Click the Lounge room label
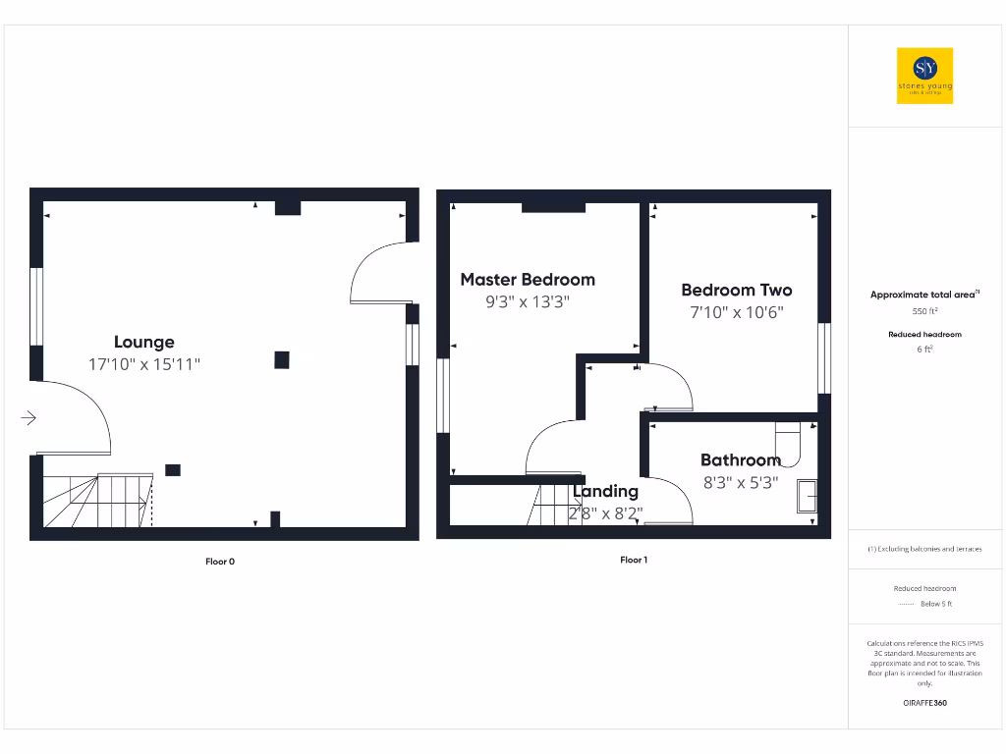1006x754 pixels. tap(144, 342)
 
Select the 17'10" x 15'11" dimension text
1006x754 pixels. tap(144, 365)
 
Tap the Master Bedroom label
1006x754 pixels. tap(528, 280)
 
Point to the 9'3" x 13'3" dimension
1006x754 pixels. tap(528, 302)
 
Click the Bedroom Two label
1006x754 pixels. tap(737, 290)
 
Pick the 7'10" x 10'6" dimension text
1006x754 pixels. tap(737, 313)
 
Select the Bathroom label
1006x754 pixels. tap(740, 459)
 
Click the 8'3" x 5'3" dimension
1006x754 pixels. tap(740, 482)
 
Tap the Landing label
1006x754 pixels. tap(606, 491)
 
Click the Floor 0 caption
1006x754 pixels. tap(220, 562)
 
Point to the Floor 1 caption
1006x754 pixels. tap(634, 560)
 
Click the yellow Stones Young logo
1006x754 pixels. tap(925, 76)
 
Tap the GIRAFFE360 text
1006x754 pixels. tap(924, 703)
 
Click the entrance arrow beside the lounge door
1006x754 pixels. tap(28, 419)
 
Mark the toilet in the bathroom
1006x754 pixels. tap(789, 442)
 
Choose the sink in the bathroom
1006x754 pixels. tap(807, 496)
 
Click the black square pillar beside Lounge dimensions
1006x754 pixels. tap(282, 360)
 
